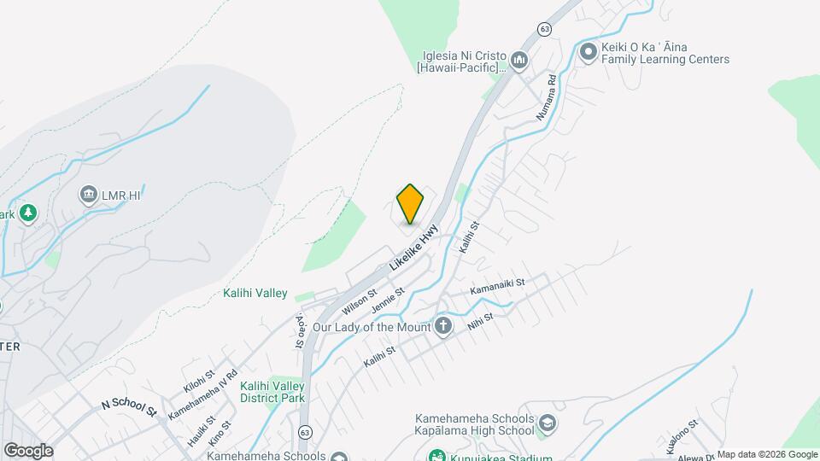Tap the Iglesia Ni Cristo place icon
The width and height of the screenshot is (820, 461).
[519, 60]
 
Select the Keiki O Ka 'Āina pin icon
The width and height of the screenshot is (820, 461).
[588, 53]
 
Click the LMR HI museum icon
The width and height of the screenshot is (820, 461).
[88, 196]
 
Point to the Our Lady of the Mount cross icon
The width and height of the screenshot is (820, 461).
[442, 326]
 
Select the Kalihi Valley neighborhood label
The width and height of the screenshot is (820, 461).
[255, 294]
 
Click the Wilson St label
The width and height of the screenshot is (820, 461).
[360, 301]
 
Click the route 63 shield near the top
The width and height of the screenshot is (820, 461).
[544, 29]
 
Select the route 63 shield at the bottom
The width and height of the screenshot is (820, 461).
[305, 433]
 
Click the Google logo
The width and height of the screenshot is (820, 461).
[28, 451]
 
